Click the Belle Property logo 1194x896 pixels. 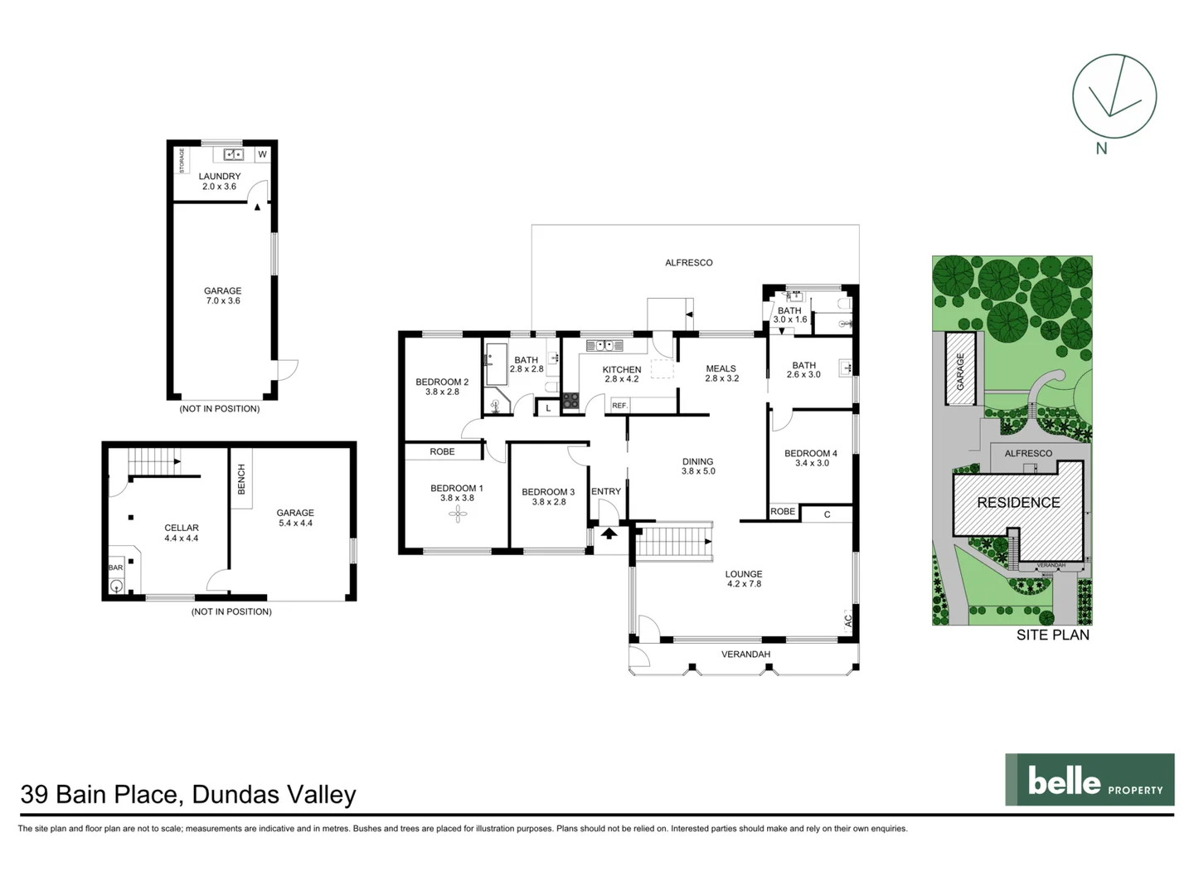coord(1089,780)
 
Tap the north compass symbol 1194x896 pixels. coord(1114,96)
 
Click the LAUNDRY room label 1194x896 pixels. coord(220,177)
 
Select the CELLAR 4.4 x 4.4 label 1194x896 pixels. coord(182,533)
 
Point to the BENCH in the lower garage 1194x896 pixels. coord(241,480)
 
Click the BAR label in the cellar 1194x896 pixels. coord(116,567)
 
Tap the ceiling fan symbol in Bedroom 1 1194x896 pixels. coord(457,514)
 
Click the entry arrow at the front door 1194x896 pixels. coord(609,533)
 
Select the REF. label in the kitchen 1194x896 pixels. coord(619,406)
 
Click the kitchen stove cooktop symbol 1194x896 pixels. coord(570,401)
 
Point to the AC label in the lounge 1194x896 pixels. coord(847,619)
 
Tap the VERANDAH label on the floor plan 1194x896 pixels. coord(745,655)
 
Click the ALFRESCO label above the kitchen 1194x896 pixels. coord(688,262)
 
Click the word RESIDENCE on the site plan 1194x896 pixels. coord(1018,503)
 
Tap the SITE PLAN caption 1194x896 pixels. coord(1052,635)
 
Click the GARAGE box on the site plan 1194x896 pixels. coord(961,370)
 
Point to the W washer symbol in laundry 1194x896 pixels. coord(262,154)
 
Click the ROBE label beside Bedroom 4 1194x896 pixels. coord(782,512)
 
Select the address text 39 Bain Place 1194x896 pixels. coord(99,795)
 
